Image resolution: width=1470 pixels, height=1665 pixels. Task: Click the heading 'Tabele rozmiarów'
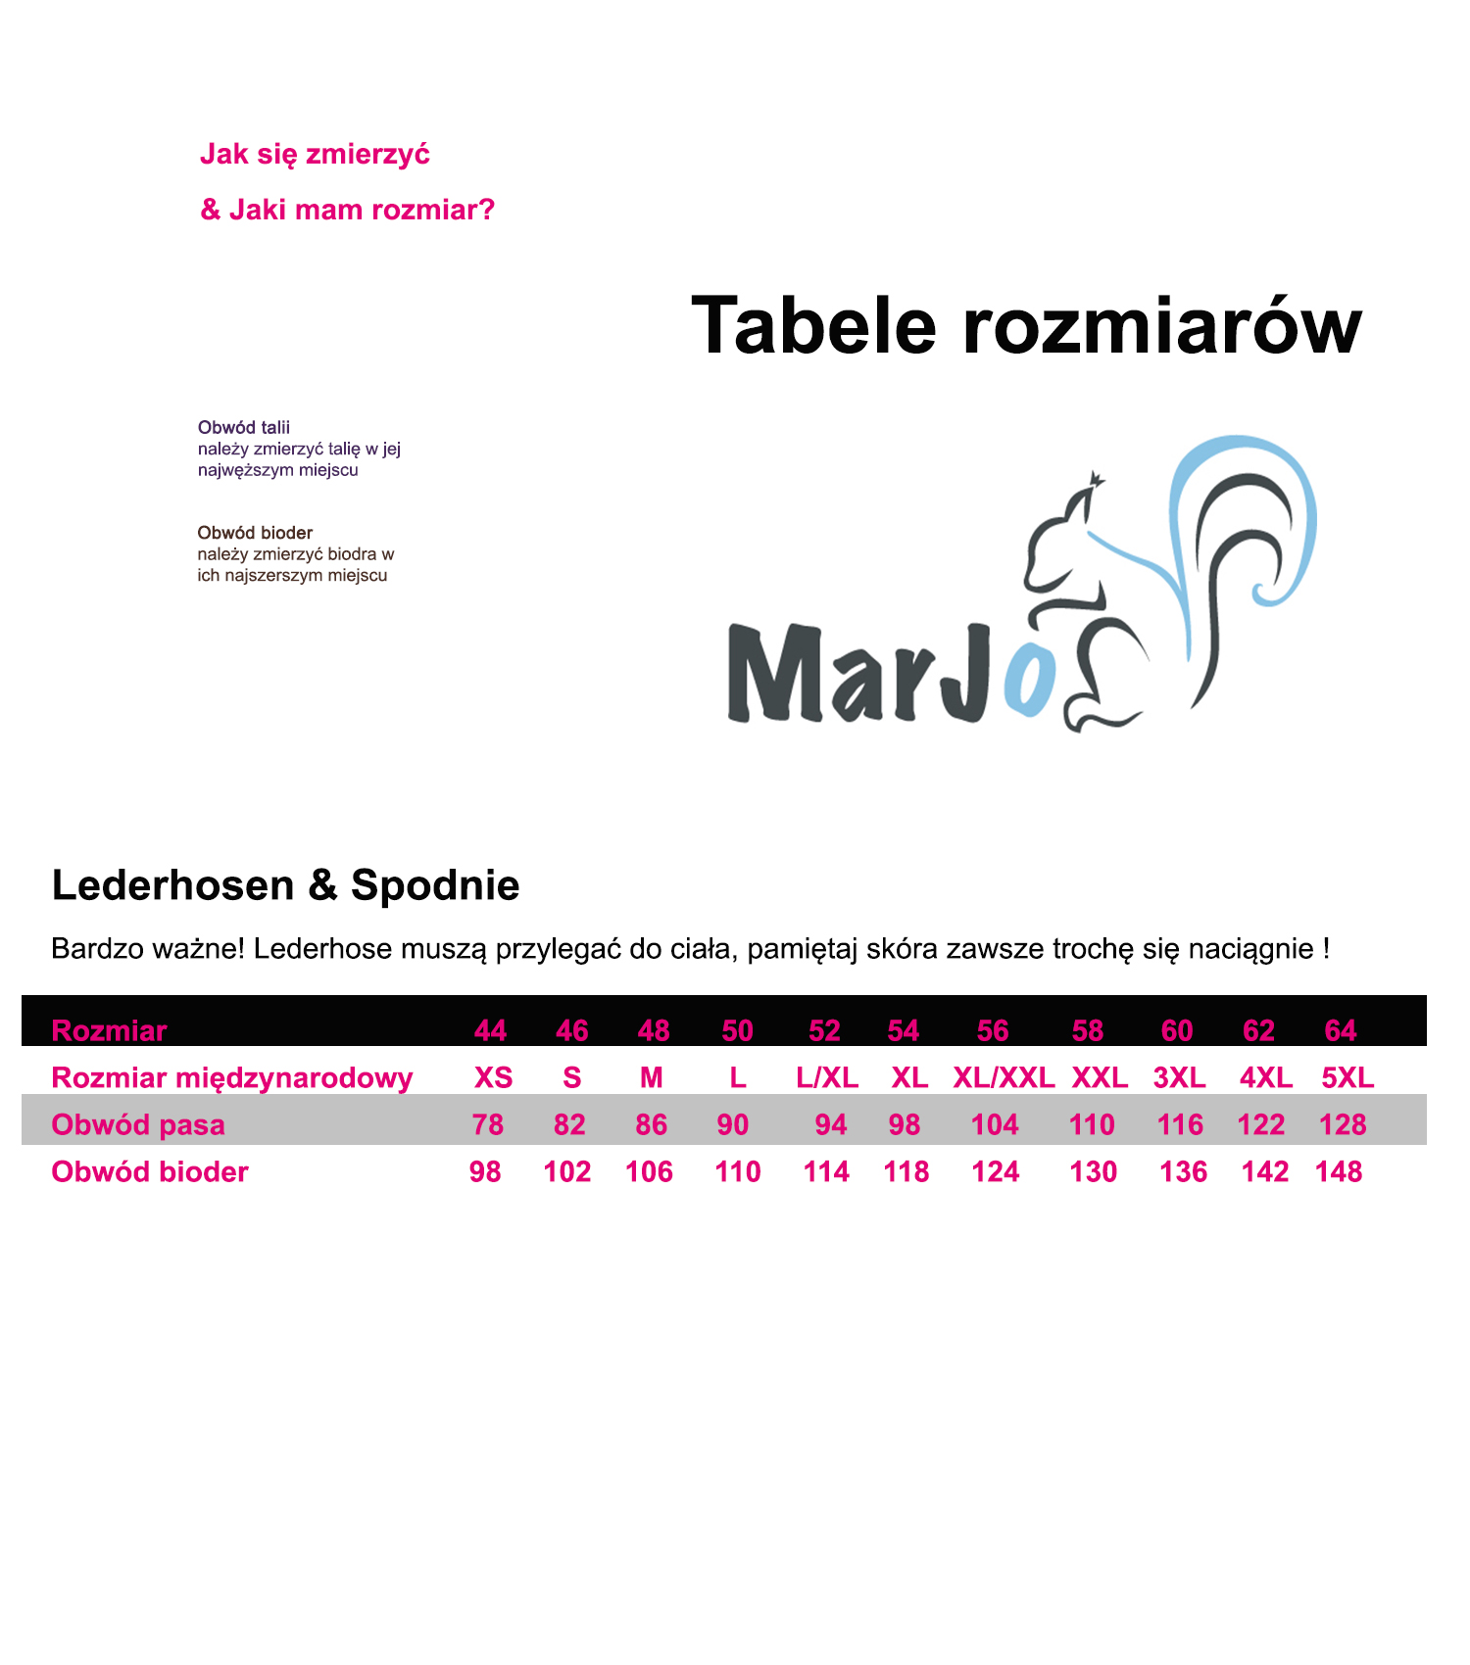click(x=1026, y=326)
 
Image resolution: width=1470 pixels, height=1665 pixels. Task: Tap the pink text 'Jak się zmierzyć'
click(x=315, y=155)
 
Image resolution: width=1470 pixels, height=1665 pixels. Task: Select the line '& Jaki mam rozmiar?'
click(x=347, y=210)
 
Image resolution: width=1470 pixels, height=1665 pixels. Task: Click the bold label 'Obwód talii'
click(x=244, y=427)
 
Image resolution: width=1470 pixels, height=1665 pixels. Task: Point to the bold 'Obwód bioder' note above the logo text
click(x=255, y=533)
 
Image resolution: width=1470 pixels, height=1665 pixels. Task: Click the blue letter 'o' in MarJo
click(x=1030, y=681)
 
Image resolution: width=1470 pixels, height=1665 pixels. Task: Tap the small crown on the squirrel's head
click(x=1096, y=479)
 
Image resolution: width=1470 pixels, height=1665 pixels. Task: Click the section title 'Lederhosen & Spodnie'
click(x=285, y=885)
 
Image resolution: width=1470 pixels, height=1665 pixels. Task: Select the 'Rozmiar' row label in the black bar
click(x=109, y=1030)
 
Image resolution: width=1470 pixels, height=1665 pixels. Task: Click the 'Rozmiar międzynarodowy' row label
click(x=232, y=1077)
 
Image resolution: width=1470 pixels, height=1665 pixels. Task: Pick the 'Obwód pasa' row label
click(x=138, y=1124)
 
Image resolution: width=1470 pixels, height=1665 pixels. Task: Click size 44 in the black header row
click(x=490, y=1030)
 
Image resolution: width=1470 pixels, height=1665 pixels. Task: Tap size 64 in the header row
click(x=1340, y=1030)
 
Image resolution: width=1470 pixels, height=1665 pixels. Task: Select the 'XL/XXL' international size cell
click(x=1004, y=1077)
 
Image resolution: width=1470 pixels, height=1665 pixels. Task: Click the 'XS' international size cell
click(x=493, y=1077)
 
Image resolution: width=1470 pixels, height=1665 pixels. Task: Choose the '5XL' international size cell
click(x=1347, y=1077)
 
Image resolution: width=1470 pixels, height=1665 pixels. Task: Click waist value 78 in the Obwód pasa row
click(x=488, y=1124)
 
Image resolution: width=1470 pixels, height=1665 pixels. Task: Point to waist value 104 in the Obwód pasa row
click(x=995, y=1124)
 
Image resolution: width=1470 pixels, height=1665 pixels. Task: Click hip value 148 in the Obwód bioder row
click(x=1339, y=1171)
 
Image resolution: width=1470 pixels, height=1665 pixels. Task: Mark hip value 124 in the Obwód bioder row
click(x=996, y=1171)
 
